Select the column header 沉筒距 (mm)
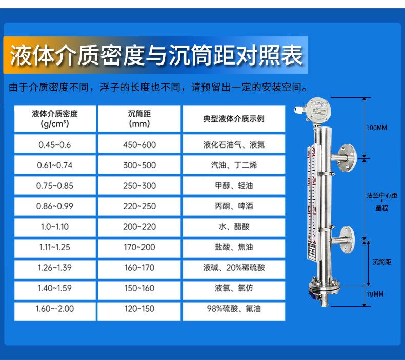(139, 119)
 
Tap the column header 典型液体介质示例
(234, 119)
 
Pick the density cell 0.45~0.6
(55, 145)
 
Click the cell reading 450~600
(139, 145)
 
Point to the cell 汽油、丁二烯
(234, 165)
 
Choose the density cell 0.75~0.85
(55, 186)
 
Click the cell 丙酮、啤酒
(234, 206)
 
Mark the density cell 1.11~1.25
(55, 247)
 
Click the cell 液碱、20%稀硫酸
(234, 268)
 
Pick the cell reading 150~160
(139, 288)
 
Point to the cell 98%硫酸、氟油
(234, 309)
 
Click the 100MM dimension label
(376, 128)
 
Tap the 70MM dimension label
(375, 294)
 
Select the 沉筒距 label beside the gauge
(382, 262)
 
